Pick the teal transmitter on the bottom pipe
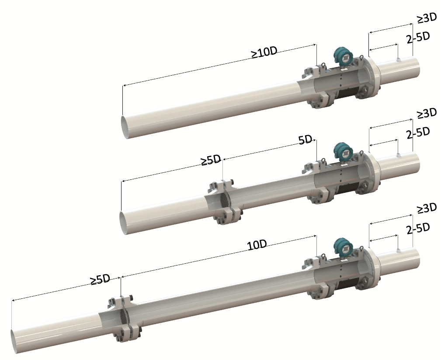click(x=343, y=246)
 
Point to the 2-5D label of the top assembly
click(x=418, y=38)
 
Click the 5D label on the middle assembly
click(x=305, y=140)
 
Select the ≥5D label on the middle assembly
click(x=211, y=161)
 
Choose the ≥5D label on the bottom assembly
click(x=100, y=280)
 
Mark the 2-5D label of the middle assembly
click(x=418, y=133)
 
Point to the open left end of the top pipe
click(x=125, y=127)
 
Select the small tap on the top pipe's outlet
click(x=398, y=59)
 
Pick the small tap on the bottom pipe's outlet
click(x=398, y=250)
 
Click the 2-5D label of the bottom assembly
click(x=418, y=228)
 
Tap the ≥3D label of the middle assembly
click(x=427, y=113)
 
